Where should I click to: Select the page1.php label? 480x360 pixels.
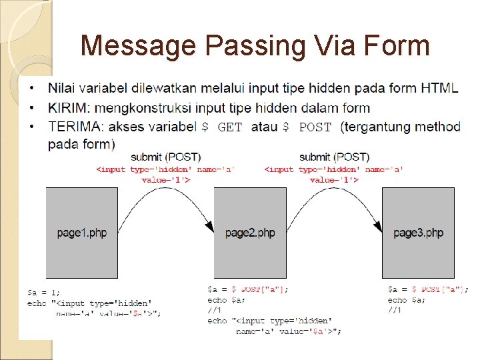click(81, 233)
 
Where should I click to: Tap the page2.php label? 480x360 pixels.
click(250, 233)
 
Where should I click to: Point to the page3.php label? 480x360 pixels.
click(418, 233)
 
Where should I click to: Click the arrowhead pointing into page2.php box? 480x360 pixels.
click(209, 228)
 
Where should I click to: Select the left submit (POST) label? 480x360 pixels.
click(165, 157)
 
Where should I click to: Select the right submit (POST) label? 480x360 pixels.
click(334, 157)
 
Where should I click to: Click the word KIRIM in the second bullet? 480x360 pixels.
click(69, 108)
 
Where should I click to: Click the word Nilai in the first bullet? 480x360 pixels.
click(61, 89)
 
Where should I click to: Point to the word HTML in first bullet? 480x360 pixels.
click(439, 89)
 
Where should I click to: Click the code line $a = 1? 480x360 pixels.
click(43, 292)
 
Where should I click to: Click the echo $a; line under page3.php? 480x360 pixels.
click(406, 300)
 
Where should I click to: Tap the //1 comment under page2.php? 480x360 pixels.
click(214, 310)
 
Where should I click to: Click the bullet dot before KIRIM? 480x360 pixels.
click(33, 108)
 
